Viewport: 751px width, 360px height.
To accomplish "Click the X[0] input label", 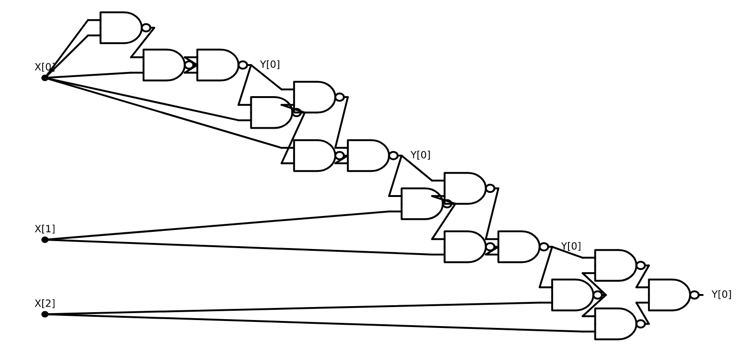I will point(45,67).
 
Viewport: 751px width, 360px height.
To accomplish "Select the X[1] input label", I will point(45,229).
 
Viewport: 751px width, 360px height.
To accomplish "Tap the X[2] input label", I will point(45,304).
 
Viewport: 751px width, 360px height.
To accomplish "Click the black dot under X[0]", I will point(45,78).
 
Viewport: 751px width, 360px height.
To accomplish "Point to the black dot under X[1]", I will point(45,240).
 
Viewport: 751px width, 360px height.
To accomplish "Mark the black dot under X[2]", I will point(45,314).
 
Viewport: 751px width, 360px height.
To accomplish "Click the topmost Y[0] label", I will point(269,65).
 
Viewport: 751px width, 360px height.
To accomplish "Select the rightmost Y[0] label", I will point(721,295).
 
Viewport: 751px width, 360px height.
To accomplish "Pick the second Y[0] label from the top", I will point(420,155).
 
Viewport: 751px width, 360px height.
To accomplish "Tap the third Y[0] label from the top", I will point(570,246).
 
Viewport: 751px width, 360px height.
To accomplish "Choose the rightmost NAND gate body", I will point(668,295).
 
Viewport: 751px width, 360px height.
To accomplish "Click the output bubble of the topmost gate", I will point(146,28).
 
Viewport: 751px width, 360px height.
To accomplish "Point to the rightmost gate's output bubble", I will point(694,295).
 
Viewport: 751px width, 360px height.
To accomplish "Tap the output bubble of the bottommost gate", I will point(640,324).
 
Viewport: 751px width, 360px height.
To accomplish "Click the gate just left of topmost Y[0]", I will point(216,65).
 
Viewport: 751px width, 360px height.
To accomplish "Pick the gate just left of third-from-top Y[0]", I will point(517,247).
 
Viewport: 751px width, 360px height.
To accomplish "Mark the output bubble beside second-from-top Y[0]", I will point(393,156).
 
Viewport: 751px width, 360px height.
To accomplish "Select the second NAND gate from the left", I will point(163,65).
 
